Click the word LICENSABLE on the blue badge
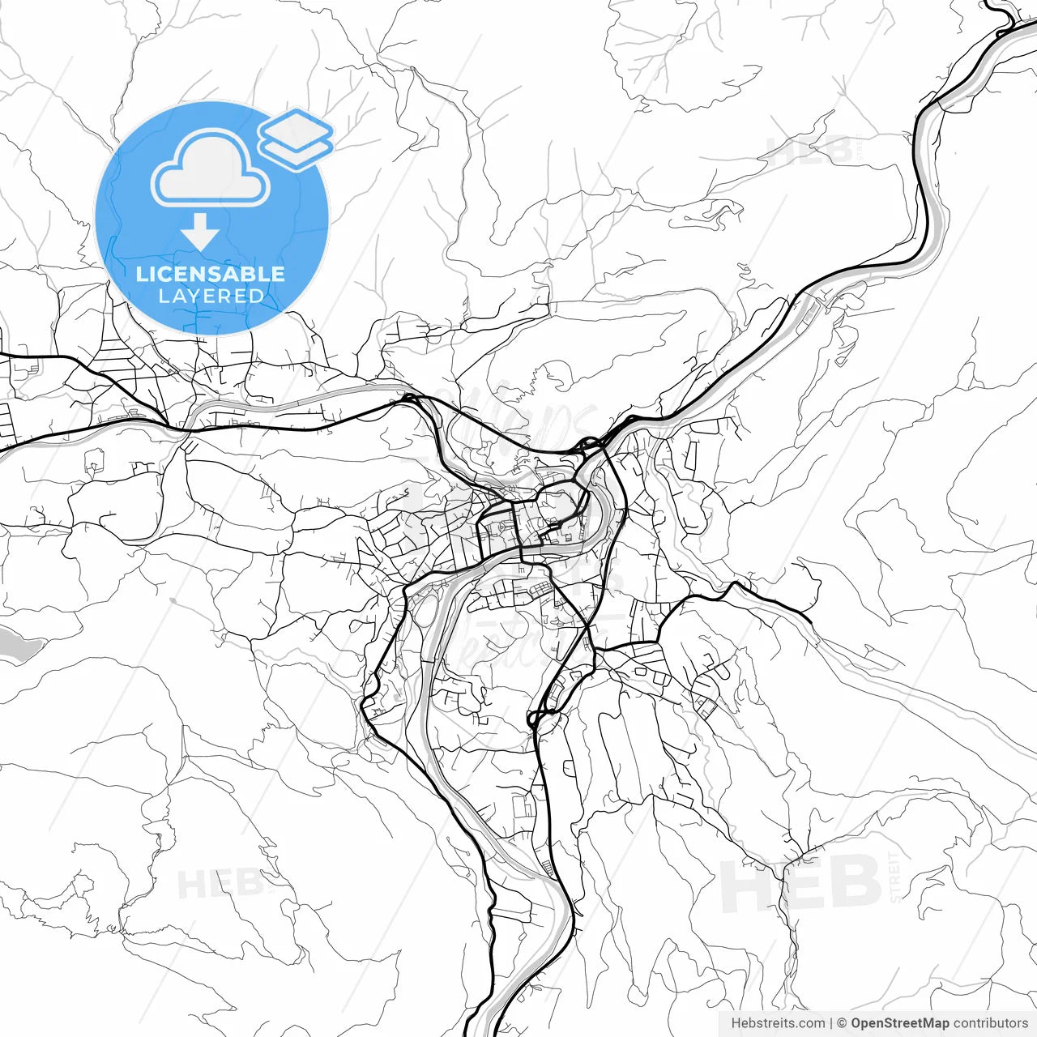[x=211, y=274]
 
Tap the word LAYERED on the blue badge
[x=211, y=296]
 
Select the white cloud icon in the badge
[x=211, y=170]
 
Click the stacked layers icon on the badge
[x=296, y=139]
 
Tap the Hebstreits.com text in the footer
[x=778, y=1023]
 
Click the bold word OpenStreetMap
[x=899, y=1023]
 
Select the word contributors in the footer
[x=990, y=1023]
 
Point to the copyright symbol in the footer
[x=842, y=1023]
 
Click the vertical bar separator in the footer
[x=831, y=1023]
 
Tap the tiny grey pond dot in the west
[x=172, y=601]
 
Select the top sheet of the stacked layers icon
[x=297, y=128]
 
